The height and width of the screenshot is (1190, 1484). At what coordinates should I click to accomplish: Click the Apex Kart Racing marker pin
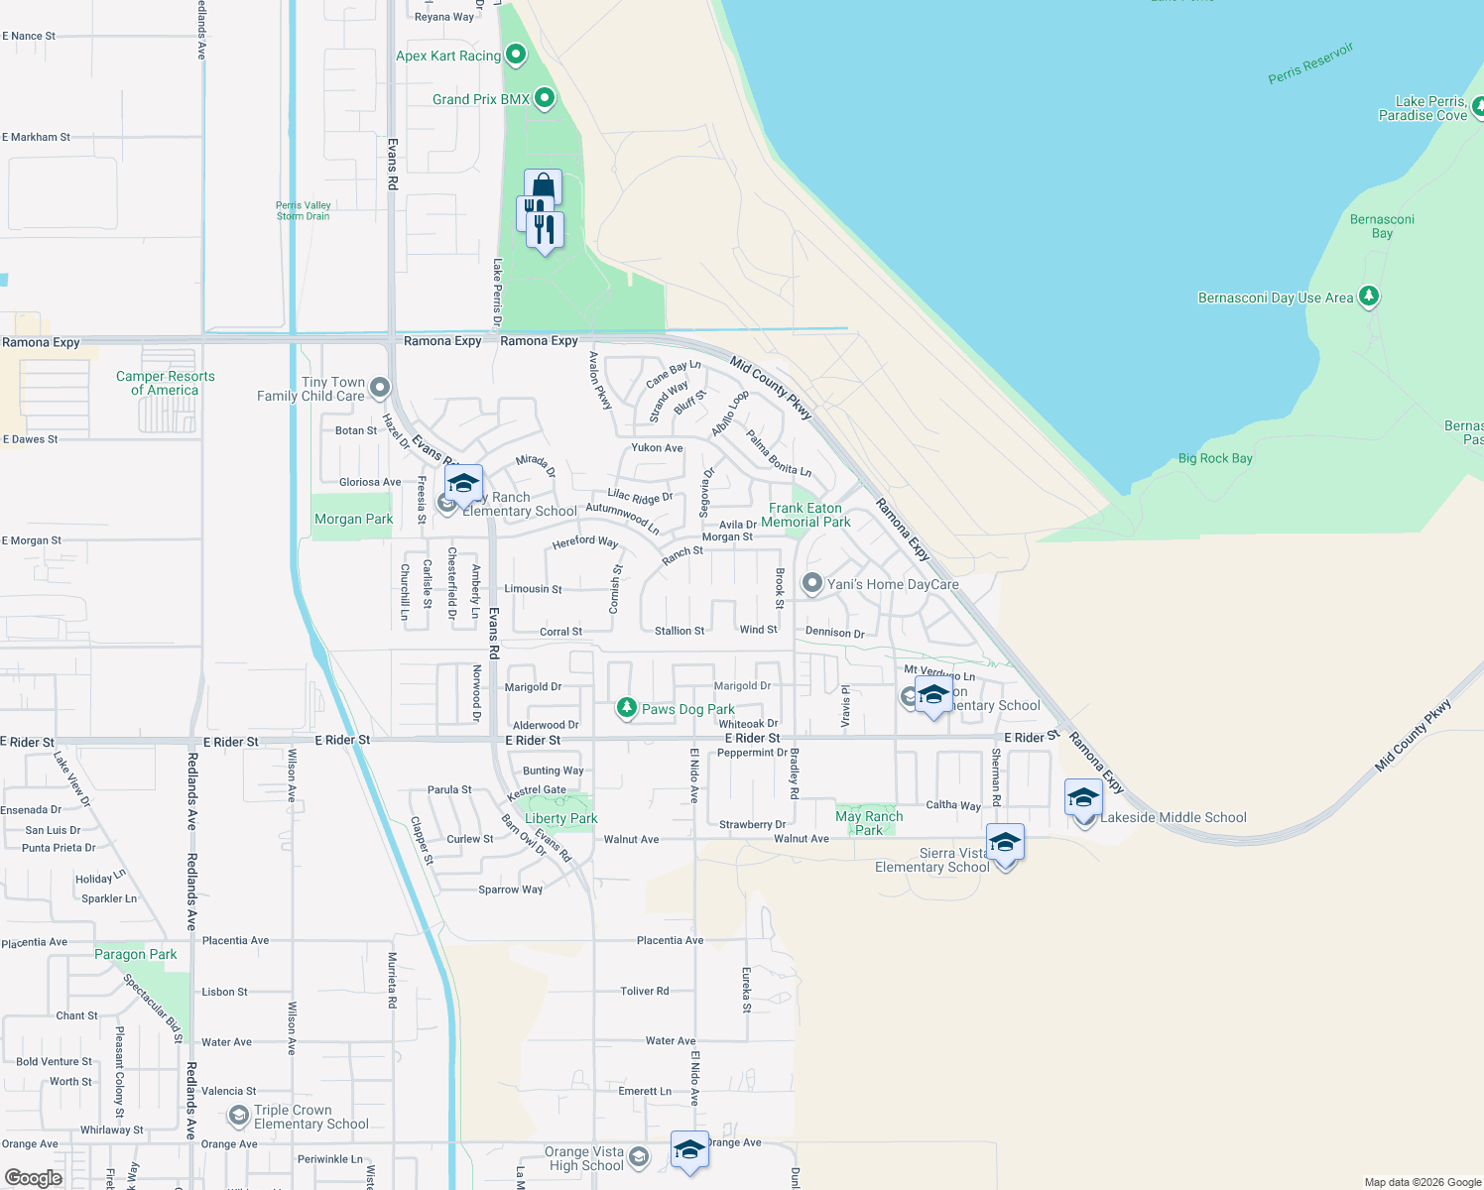516,55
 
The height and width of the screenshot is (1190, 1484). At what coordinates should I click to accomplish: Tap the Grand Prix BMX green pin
544,98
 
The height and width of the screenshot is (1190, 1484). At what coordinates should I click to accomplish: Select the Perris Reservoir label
1310,63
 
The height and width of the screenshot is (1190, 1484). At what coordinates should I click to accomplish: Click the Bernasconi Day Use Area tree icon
1369,297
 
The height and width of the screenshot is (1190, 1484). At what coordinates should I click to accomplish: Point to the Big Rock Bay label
1215,458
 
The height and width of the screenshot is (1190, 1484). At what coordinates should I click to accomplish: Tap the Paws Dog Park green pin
626,707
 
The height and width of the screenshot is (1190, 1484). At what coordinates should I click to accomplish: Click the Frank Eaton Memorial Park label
805,515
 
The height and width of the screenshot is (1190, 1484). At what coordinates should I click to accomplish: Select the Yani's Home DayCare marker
812,583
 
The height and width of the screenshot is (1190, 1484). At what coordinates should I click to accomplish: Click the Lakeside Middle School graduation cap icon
1083,797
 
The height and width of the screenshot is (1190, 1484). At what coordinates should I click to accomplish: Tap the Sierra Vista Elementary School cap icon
1005,843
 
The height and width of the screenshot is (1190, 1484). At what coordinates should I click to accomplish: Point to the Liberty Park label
561,818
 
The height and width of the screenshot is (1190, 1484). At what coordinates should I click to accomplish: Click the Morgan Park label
354,519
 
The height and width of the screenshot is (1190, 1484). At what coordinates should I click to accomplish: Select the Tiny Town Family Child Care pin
380,387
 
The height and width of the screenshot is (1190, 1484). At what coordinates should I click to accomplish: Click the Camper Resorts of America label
166,383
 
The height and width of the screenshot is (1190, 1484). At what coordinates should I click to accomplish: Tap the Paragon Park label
136,954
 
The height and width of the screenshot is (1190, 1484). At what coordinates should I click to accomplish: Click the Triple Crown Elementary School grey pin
238,1117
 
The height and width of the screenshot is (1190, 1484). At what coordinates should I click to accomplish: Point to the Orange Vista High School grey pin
639,1157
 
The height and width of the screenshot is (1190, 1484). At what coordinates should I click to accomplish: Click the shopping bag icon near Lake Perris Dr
543,186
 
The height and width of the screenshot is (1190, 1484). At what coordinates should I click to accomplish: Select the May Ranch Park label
869,823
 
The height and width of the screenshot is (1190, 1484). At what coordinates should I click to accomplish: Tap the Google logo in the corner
34,1177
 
